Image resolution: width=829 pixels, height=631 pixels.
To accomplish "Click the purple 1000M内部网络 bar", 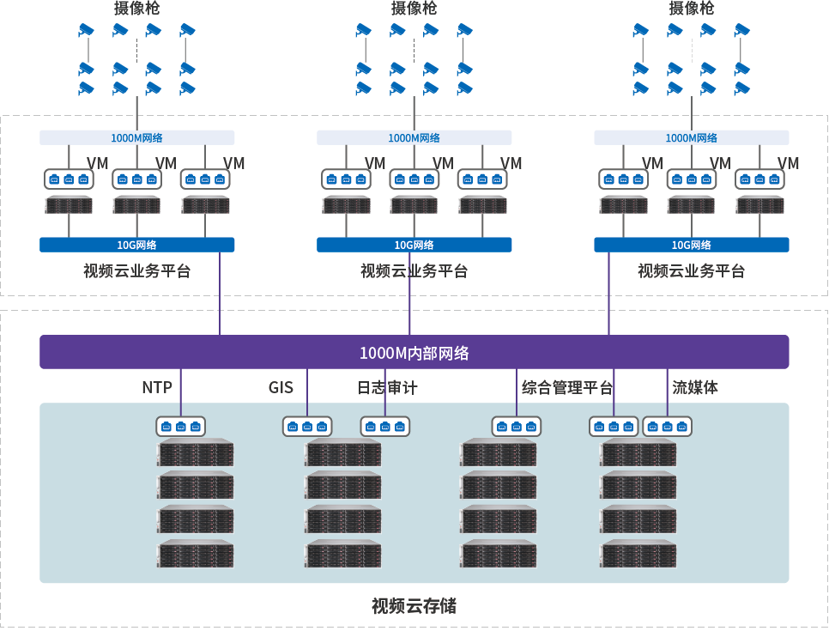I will coord(414,352).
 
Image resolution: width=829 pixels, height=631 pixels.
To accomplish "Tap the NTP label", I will coord(157,388).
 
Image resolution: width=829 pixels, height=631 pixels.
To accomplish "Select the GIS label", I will coord(281,388).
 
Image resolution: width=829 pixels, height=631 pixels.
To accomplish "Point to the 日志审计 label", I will coord(387,388).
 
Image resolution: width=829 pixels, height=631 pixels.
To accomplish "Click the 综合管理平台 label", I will coord(567,388).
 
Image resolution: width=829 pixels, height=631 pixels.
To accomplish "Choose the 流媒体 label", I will coord(695,388).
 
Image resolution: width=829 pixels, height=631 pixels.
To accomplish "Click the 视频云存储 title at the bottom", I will coord(414,606).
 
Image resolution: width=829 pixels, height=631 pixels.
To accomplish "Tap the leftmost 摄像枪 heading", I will coord(136,9).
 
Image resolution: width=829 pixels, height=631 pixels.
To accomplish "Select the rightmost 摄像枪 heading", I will coord(692,9).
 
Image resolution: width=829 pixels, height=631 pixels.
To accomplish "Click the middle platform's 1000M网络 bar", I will coord(414,137).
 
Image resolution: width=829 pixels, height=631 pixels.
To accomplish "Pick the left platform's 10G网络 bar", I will coord(136,245).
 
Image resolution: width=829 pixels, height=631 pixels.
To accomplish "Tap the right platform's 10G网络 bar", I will coord(692,245).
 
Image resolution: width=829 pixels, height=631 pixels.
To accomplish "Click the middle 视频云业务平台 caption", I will coord(414,271).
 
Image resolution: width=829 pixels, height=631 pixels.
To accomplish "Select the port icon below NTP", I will coord(180,426).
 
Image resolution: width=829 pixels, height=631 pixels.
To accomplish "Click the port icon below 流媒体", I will coord(667,426).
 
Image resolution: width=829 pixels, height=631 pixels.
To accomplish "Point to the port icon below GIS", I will coord(307,426).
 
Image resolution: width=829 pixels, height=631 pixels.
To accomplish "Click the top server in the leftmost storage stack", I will coord(196,452).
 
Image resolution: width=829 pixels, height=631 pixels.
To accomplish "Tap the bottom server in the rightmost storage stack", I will coord(638,554).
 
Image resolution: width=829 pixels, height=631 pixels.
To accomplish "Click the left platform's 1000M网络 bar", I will coord(136,137).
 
